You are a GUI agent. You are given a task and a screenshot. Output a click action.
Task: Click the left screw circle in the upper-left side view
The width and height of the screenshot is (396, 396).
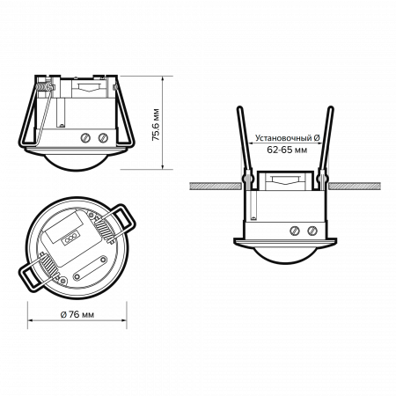pyautogui.click(x=84, y=137)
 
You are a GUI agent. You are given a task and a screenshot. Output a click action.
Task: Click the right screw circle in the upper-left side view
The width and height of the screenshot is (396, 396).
pyautogui.click(x=105, y=137)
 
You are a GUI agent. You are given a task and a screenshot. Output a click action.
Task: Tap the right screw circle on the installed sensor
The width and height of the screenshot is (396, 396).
pyautogui.click(x=312, y=231)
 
